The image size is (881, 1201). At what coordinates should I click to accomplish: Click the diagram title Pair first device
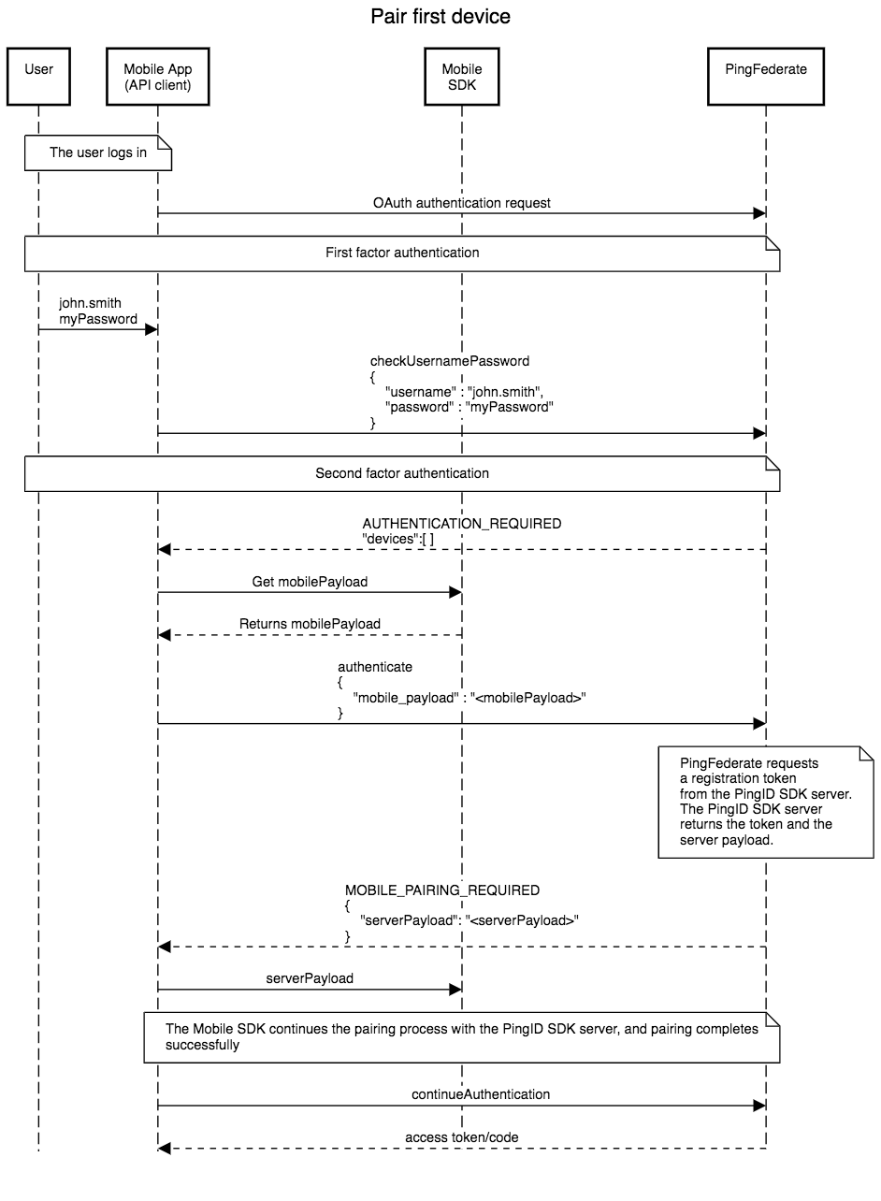click(x=440, y=17)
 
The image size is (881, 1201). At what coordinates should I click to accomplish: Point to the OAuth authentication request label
click(x=462, y=202)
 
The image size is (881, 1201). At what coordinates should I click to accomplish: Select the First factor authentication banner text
click(x=402, y=253)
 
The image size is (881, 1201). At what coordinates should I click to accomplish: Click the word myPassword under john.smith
click(x=98, y=319)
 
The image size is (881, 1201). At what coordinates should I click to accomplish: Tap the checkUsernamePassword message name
click(x=450, y=360)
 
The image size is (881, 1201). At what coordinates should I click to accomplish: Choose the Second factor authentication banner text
click(x=402, y=473)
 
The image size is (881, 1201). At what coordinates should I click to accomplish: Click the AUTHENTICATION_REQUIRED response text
click(x=462, y=524)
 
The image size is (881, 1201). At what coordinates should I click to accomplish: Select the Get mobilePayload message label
click(x=310, y=582)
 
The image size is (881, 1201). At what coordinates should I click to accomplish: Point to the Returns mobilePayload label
click(x=310, y=623)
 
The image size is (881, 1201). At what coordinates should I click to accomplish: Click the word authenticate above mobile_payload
click(x=375, y=667)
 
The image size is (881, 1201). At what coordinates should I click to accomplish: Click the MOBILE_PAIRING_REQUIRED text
click(x=442, y=890)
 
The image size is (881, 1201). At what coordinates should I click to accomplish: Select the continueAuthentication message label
click(x=481, y=1093)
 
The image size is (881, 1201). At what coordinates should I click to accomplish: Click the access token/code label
click(x=462, y=1137)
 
